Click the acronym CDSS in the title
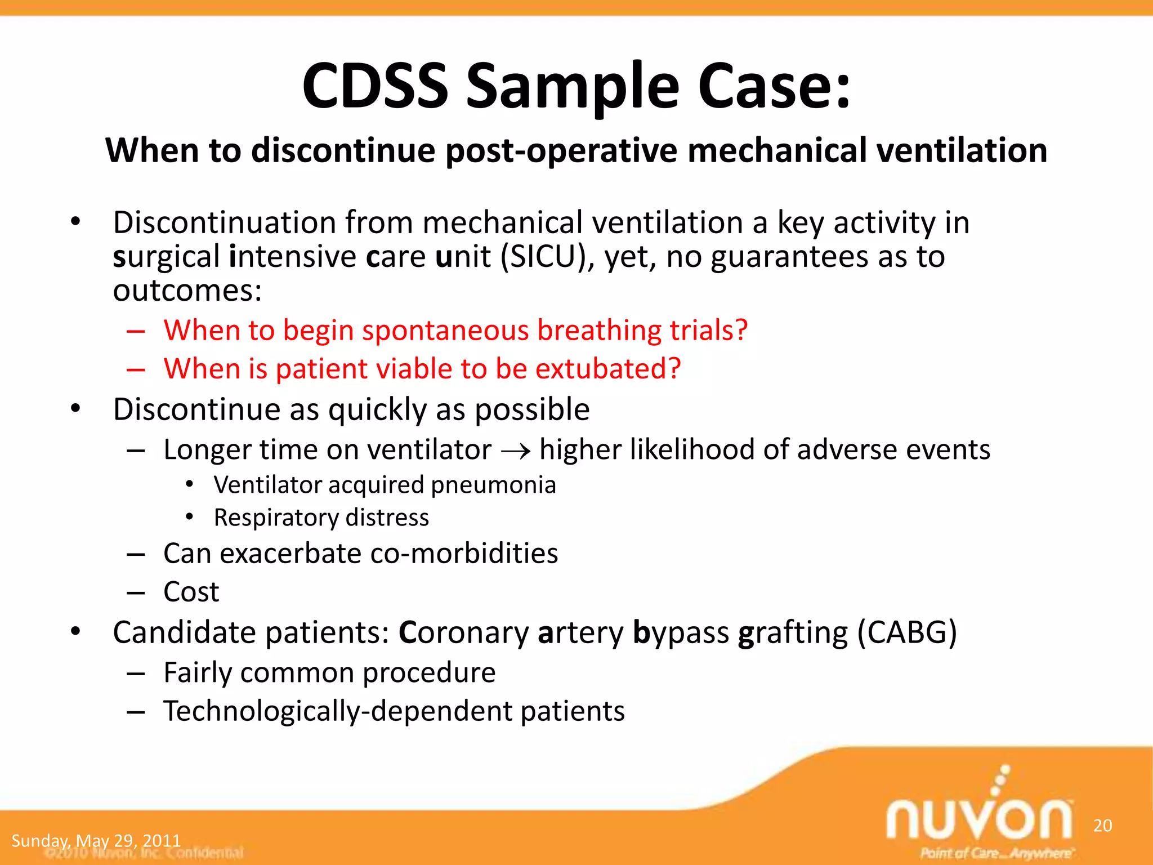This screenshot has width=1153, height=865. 375,86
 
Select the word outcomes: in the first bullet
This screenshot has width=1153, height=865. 187,291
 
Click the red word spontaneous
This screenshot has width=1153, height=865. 445,330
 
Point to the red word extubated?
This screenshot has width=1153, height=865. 608,369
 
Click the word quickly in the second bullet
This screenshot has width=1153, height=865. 378,410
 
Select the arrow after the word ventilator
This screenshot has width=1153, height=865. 516,451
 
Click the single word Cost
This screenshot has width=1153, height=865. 191,592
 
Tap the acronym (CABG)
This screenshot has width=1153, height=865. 906,632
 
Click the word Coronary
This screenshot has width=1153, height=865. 463,633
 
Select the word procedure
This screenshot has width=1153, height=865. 429,673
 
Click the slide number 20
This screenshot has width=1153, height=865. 1102,826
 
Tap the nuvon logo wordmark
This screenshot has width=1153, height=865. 979,819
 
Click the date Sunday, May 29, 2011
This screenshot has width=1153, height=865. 96,841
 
